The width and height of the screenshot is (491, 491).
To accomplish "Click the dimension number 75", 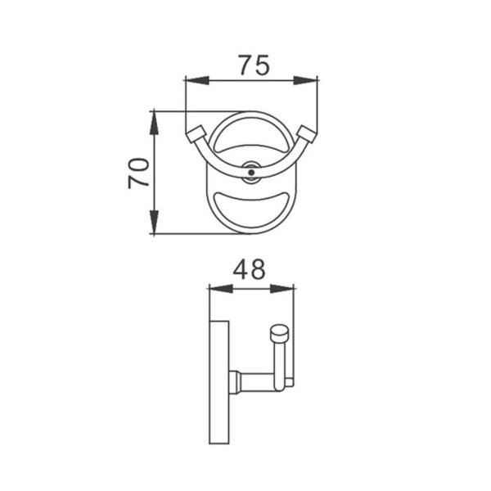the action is pos(254,65).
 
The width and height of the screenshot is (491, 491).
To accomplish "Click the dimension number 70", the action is pos(138,173).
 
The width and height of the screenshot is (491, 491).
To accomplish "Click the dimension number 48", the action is pos(249,269).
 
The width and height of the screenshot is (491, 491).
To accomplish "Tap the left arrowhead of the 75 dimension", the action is pos(197,80).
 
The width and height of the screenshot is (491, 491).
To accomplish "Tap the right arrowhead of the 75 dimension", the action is pos(305,80).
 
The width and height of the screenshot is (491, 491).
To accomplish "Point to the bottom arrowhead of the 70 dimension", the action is pos(154,222).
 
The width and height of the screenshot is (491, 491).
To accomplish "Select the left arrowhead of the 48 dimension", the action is pos(221,289).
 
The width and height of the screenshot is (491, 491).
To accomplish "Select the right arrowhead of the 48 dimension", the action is pos(282,289).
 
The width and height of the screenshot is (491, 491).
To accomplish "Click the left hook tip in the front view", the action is pos(196,134).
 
